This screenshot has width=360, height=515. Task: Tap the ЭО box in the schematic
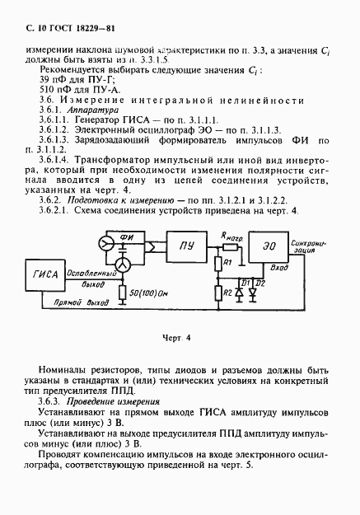click(x=270, y=246)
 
